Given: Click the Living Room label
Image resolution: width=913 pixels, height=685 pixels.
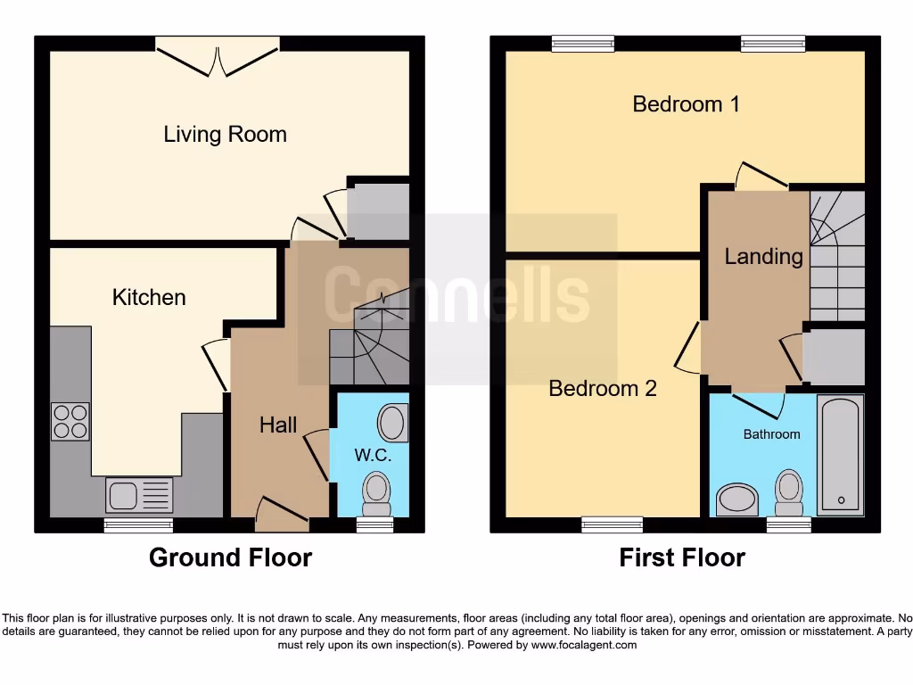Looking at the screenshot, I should [x=225, y=135].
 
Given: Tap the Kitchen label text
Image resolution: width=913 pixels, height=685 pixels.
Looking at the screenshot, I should [x=149, y=297].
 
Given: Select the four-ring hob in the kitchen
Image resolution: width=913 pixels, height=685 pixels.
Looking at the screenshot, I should [x=70, y=422].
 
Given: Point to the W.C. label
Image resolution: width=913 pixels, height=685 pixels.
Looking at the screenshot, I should [x=369, y=455].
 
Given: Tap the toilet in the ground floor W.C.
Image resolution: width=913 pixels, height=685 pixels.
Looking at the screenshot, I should [x=376, y=493].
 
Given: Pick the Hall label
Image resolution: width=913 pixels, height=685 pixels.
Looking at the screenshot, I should [x=278, y=425].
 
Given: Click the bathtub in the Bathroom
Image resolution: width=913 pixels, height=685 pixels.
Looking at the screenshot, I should [x=840, y=455].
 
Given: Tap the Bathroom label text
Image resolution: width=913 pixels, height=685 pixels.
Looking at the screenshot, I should [x=771, y=434].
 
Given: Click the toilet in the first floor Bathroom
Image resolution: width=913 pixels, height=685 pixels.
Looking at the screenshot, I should [x=787, y=492].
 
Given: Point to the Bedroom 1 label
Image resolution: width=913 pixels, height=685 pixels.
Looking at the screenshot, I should [x=686, y=104].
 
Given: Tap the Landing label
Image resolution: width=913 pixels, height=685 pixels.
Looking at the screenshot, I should [x=763, y=257].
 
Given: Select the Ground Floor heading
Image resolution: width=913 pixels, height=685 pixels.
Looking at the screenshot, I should [x=230, y=558].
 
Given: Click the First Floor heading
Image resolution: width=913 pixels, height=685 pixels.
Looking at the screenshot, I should [x=682, y=558].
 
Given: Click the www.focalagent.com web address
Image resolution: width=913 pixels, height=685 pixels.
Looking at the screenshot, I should [x=584, y=645].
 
